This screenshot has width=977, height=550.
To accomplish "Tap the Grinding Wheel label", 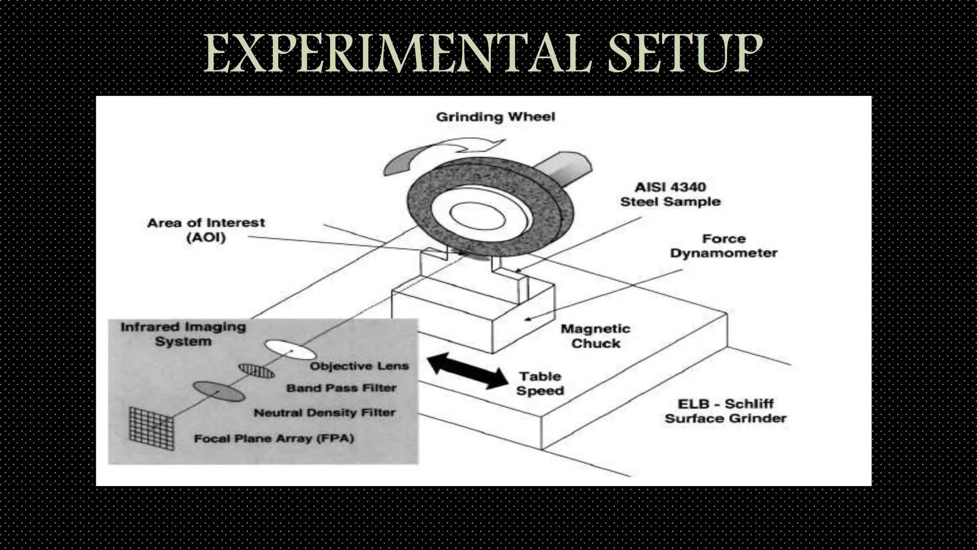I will click(496, 117).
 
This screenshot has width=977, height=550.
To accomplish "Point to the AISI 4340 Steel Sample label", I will click(670, 194).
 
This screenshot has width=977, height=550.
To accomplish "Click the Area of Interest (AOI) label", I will click(206, 230).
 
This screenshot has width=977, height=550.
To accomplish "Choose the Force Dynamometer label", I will click(724, 246).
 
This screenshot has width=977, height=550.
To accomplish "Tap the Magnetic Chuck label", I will click(595, 336).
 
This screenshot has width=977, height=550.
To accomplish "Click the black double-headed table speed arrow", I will click(468, 371).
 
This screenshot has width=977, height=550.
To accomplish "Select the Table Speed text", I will click(540, 383).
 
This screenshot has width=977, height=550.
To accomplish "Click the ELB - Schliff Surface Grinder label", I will click(725, 411).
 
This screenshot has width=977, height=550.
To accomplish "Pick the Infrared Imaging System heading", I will click(183, 334).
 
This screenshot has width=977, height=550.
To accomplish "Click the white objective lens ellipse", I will click(290, 349).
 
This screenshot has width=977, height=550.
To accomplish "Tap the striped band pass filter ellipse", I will click(257, 370).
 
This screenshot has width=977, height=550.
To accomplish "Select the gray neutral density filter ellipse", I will click(218, 391).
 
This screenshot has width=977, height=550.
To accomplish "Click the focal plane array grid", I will click(152, 429).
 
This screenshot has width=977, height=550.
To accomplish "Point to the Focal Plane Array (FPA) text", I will click(274, 438).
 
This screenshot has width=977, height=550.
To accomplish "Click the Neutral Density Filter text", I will click(324, 412).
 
